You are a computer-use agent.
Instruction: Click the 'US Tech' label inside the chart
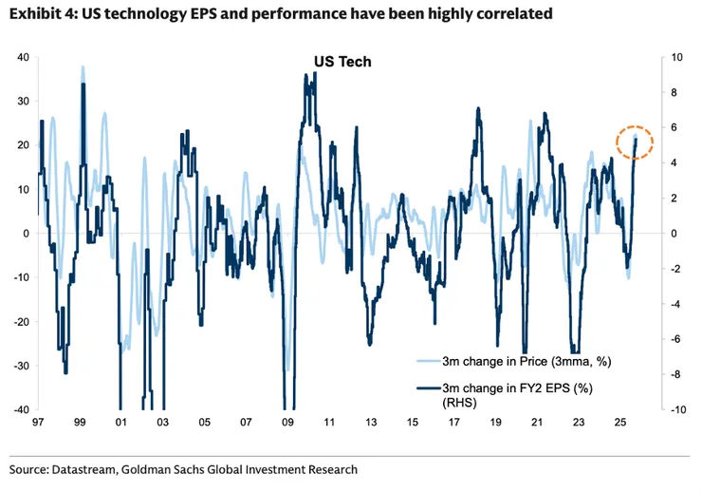342,62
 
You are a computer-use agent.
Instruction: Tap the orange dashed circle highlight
634,142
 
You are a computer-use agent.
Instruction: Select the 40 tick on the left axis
22,57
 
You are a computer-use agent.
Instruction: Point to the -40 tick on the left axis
19,409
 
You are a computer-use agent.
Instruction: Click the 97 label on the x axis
38,424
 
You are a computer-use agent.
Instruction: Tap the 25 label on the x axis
619,424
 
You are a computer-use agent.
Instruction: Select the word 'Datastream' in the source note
93,469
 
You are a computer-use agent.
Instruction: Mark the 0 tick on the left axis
26,233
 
